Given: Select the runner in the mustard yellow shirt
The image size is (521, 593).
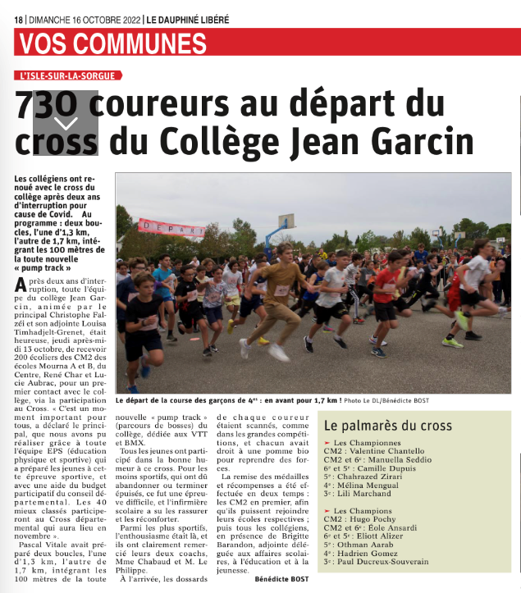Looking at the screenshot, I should (284, 283).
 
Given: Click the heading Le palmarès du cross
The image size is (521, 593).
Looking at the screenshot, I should (387, 426).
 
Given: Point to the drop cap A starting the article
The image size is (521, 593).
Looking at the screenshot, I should (22, 287).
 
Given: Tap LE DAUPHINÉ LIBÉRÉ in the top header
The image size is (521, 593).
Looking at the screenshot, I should (187, 18).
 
